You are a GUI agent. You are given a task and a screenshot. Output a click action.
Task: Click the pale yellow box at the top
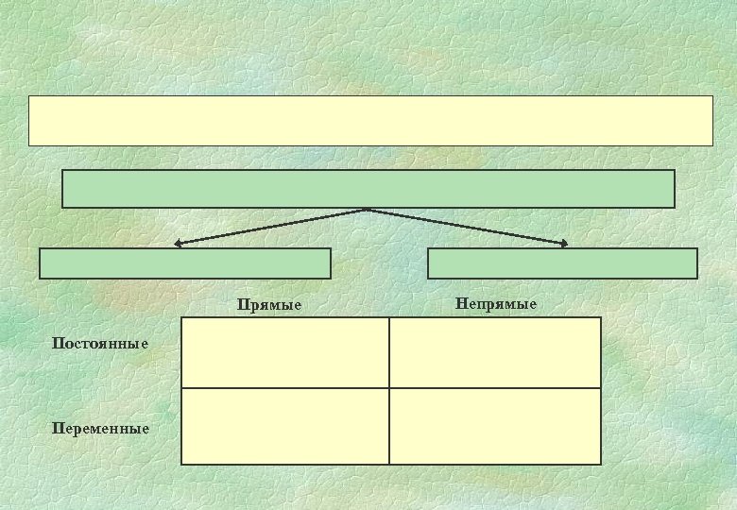coord(370,120)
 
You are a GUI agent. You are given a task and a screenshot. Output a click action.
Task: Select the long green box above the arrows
coord(368,189)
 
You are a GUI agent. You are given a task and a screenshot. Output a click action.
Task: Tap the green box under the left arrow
coord(185,263)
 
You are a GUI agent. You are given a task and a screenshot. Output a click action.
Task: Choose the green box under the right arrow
coord(562,263)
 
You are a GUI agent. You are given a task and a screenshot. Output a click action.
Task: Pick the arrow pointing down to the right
coord(468,228)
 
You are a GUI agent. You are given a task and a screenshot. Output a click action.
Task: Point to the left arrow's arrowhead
coord(178,245)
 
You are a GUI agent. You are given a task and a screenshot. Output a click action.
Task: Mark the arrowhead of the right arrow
coord(564,245)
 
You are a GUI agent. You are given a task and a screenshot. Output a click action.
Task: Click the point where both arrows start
coord(368,210)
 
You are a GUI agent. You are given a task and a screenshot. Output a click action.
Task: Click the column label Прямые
coord(270,305)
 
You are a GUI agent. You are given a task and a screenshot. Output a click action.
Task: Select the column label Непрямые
coord(495,304)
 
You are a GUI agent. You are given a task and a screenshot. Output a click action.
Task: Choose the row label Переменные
coord(102,429)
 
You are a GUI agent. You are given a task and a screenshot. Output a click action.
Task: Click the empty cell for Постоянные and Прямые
coord(284,352)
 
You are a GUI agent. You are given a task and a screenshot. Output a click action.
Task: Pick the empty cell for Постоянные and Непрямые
coord(495,352)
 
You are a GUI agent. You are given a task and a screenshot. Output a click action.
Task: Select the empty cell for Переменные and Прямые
coord(284,426)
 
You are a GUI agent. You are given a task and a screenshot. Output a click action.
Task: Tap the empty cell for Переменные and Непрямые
coord(495,426)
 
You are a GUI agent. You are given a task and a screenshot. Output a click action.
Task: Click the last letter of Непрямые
coord(533,304)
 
